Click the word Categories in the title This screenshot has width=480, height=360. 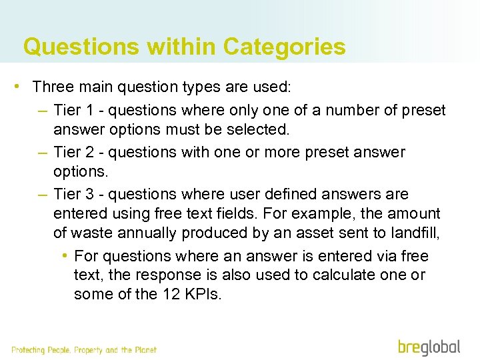click(285, 47)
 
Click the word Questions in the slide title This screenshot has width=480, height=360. click(81, 47)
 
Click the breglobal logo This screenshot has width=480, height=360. click(429, 347)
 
